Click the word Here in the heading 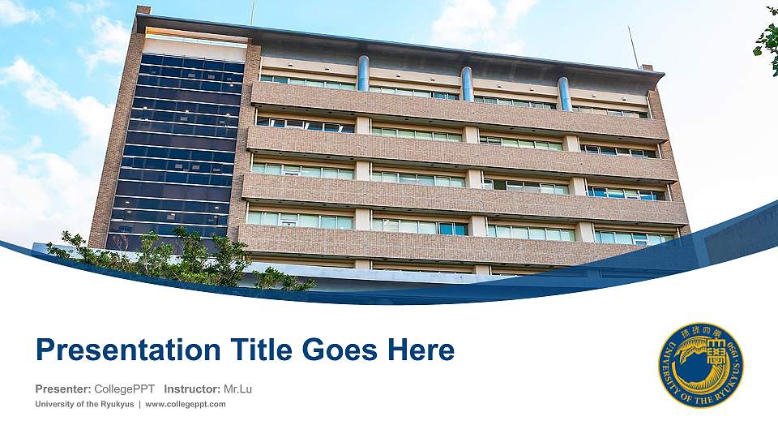coord(421,350)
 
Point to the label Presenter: coord(62,389)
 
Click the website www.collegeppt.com coord(186,404)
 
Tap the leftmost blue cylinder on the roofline coord(363,73)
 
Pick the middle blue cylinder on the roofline coord(467,84)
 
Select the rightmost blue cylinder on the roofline coord(563,93)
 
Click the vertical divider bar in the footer coord(139,404)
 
